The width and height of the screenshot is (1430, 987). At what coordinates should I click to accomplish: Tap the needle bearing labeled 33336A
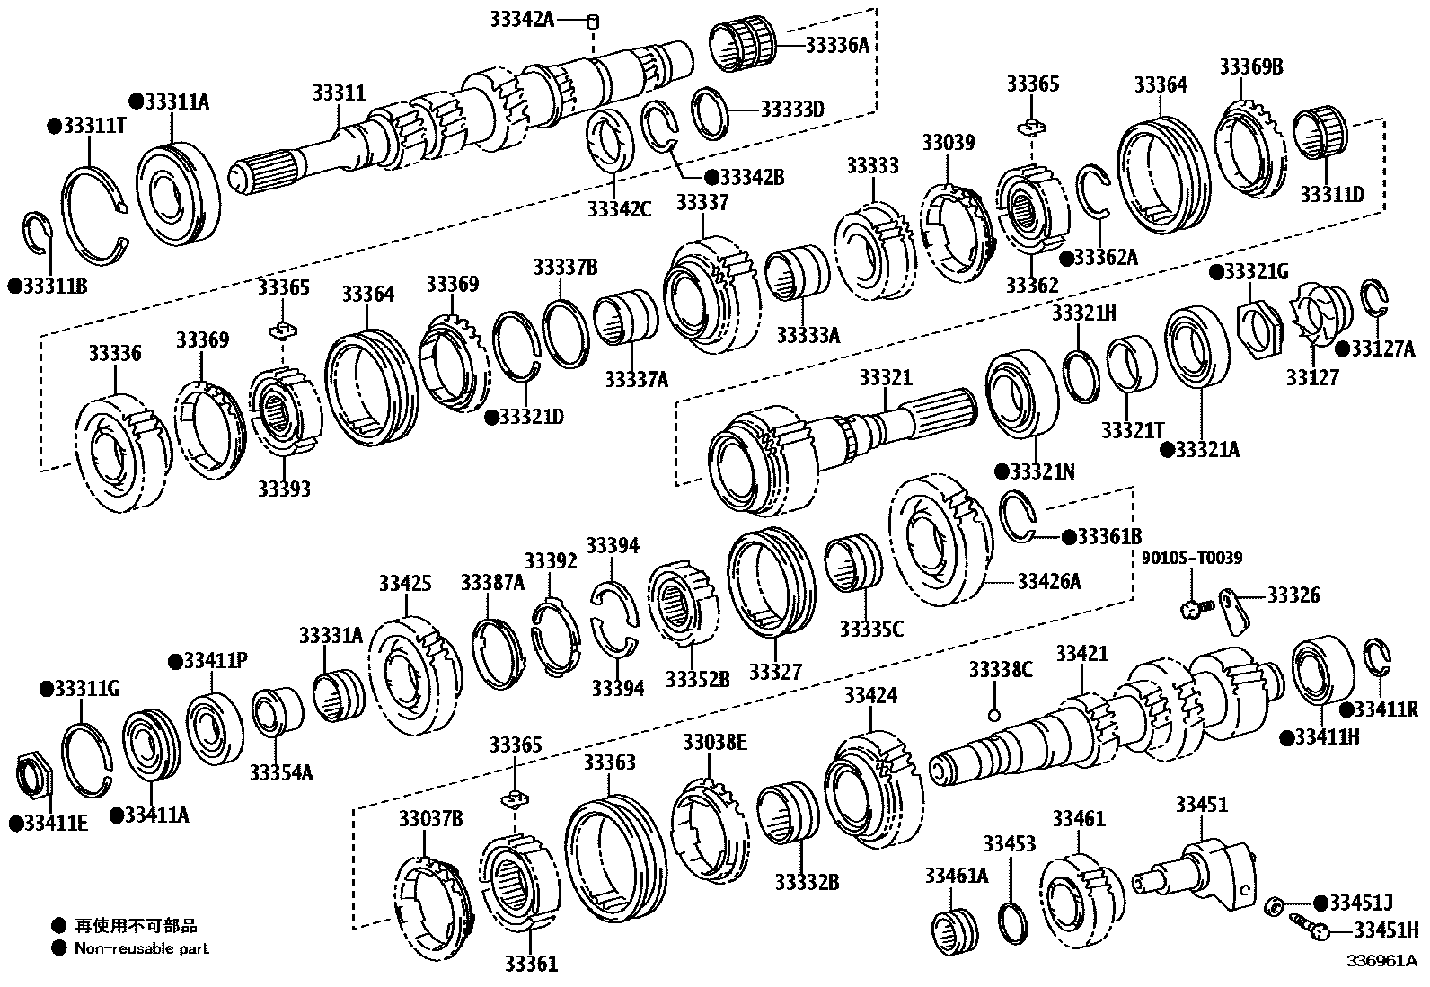tap(742, 45)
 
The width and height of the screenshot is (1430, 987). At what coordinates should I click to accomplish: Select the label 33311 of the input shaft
tap(339, 93)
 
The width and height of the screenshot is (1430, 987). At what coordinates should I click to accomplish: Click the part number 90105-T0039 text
tap(1192, 559)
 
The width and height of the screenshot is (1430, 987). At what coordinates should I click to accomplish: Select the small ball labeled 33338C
tap(993, 715)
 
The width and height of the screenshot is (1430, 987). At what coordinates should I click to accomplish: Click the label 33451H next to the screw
tap(1386, 930)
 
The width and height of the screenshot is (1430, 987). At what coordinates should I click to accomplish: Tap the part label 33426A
tap(1048, 582)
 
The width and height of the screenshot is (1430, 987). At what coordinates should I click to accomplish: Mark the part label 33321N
tap(1042, 471)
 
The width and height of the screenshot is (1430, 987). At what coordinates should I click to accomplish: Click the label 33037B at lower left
tap(431, 818)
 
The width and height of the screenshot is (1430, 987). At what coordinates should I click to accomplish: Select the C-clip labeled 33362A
tap(1094, 192)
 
